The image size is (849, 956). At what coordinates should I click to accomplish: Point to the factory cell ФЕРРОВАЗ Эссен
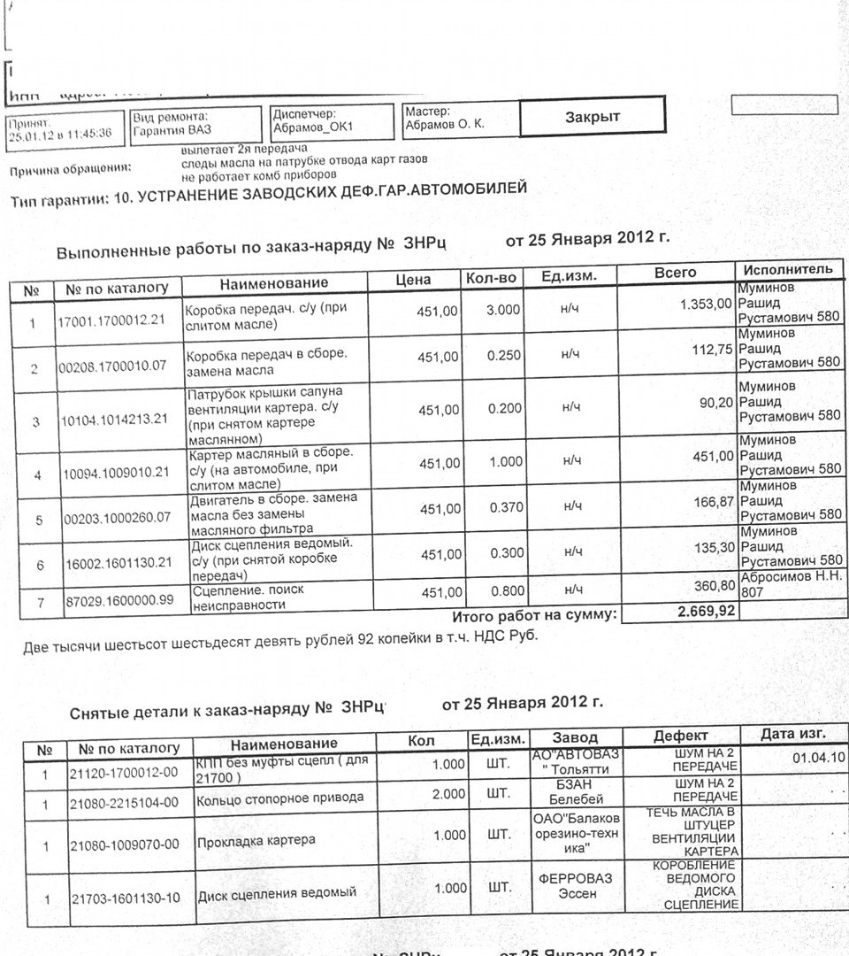pos(575,885)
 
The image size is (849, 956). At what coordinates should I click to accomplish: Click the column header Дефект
pos(680,736)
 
